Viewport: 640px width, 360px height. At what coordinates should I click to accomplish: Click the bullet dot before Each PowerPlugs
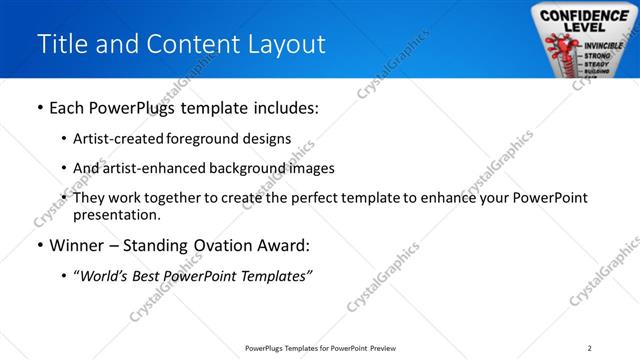tap(39, 108)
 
